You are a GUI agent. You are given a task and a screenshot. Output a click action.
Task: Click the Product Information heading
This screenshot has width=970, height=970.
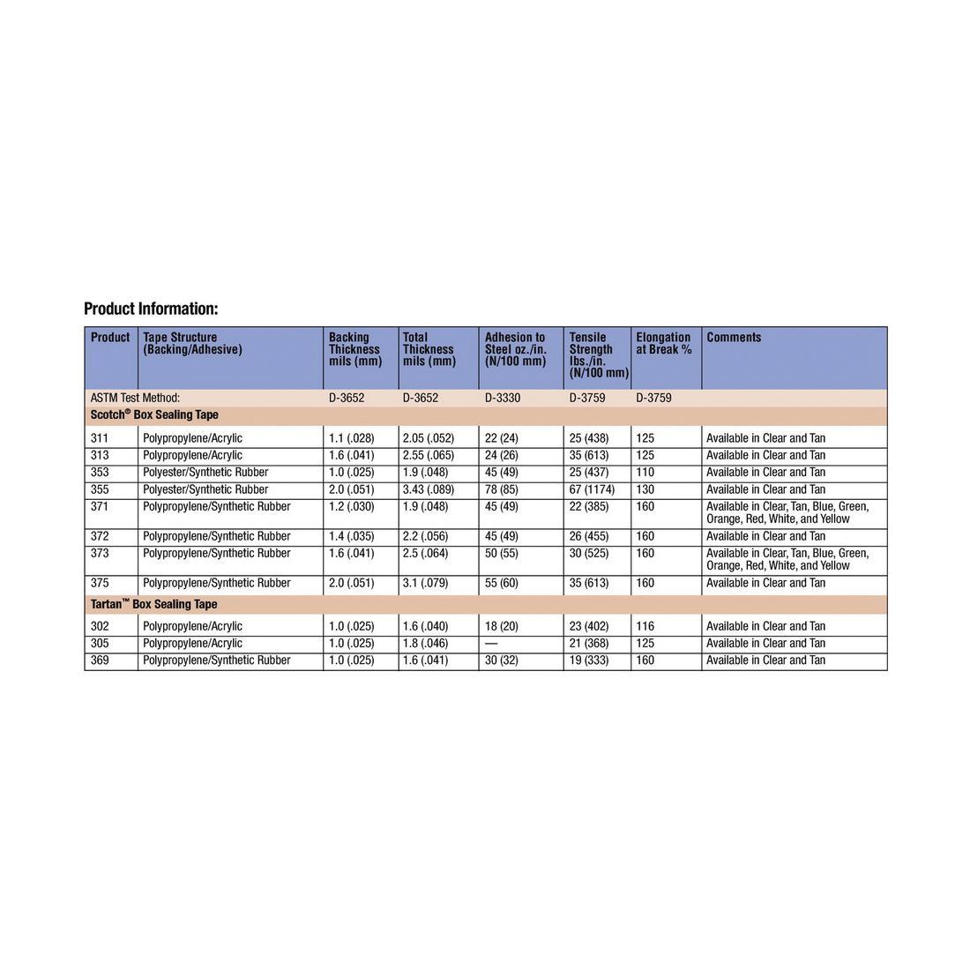151,309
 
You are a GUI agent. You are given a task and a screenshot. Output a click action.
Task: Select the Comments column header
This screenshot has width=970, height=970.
734,338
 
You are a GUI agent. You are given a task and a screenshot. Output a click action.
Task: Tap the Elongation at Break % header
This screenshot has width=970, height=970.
663,343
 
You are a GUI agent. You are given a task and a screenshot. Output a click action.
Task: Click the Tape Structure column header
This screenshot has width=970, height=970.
192,343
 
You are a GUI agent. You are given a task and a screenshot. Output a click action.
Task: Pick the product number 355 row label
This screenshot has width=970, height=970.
100,489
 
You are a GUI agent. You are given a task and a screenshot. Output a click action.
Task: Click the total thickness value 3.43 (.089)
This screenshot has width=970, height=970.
429,489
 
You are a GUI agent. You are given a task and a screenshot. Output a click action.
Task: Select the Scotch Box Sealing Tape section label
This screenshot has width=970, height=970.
154,415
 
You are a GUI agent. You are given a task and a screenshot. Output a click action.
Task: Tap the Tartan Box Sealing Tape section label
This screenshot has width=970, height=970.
153,605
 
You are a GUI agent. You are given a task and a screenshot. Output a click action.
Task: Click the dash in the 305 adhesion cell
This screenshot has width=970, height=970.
492,644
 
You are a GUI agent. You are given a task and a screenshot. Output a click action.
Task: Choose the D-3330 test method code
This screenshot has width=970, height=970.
503,399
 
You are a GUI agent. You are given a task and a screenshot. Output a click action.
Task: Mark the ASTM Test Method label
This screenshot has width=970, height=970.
135,399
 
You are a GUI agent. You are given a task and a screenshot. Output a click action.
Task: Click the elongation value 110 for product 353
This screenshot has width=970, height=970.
645,473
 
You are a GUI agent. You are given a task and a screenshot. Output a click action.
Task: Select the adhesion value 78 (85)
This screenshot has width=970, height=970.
502,489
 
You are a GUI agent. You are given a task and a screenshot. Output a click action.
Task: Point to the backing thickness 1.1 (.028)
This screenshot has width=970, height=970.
351,438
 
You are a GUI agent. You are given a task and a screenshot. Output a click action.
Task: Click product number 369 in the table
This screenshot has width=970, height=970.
100,660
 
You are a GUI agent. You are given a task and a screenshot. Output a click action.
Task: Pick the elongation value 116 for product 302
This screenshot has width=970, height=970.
645,626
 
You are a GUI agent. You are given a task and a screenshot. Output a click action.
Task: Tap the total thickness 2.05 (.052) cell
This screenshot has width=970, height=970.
429,438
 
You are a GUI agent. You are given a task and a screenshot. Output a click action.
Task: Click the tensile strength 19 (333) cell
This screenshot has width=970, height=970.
589,660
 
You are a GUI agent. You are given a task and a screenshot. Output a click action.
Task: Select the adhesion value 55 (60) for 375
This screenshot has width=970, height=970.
502,583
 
